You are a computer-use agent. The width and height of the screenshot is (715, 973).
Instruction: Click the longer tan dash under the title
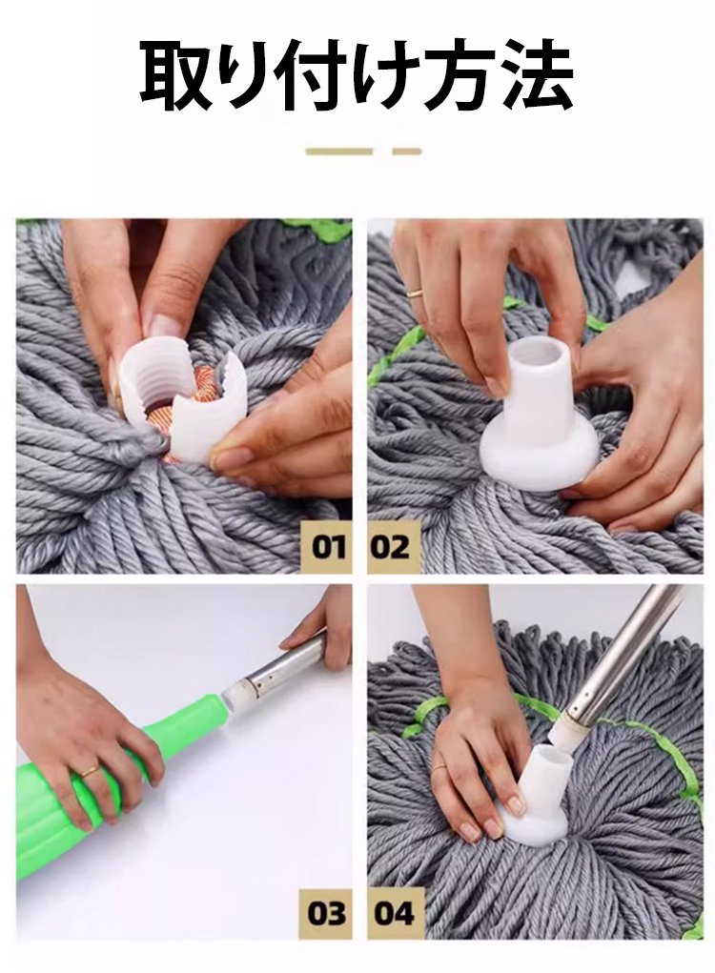click(339, 152)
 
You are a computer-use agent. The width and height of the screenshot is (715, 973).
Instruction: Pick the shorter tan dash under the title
click(407, 152)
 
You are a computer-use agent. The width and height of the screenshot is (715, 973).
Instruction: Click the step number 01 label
click(328, 547)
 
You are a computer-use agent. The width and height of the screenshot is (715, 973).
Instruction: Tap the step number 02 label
click(392, 547)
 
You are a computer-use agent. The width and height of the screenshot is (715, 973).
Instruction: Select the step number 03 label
click(326, 913)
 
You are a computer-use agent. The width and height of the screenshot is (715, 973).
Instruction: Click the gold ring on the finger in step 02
click(415, 291)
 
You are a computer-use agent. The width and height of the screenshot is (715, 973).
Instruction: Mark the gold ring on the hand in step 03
click(92, 771)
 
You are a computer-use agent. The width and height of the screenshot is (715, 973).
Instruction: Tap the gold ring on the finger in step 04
click(439, 767)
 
